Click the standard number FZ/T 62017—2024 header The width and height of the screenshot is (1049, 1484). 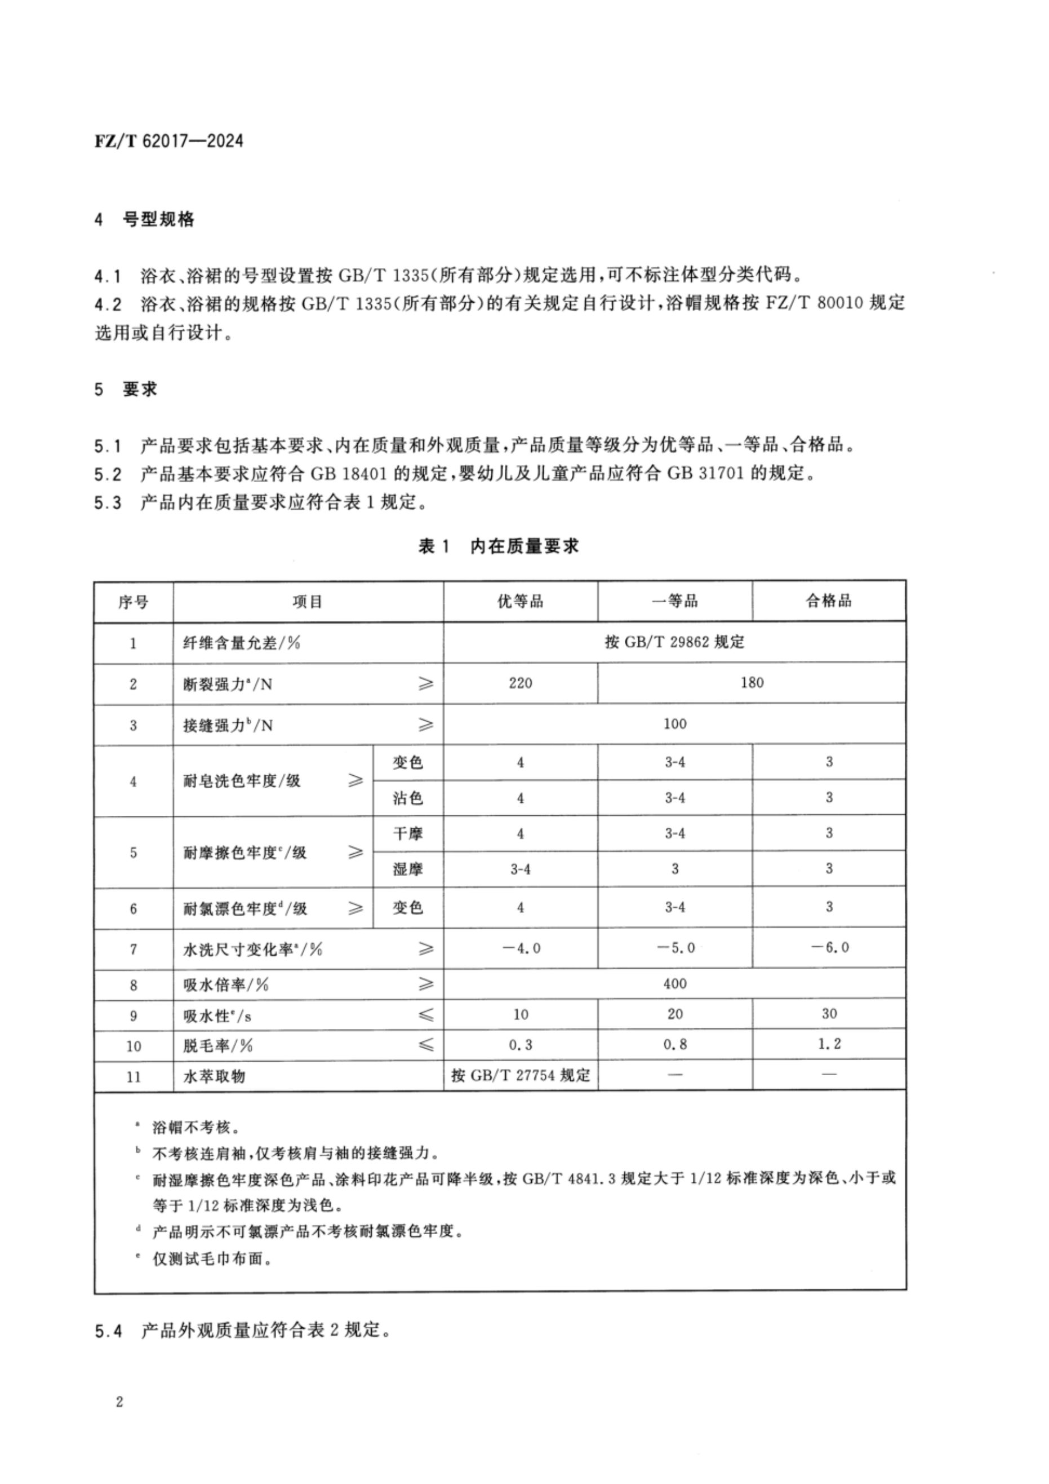(x=169, y=141)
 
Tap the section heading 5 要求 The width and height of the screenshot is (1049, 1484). (x=127, y=390)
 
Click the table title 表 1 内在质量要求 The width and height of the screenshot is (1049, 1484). (x=499, y=547)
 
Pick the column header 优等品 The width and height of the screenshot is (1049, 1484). (x=520, y=602)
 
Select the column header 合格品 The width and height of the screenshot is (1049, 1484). (x=829, y=601)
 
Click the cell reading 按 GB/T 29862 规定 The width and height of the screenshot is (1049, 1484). (x=674, y=642)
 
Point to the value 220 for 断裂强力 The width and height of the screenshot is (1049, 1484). (x=520, y=683)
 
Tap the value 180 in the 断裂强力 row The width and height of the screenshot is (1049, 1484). (x=752, y=683)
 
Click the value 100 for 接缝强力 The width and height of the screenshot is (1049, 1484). (x=674, y=724)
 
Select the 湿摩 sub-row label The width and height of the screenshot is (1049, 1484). (x=407, y=869)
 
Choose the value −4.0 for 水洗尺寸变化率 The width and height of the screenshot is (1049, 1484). (x=520, y=948)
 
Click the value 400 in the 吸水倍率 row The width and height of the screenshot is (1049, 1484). (x=674, y=984)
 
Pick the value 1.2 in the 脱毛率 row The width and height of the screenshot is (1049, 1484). (x=829, y=1044)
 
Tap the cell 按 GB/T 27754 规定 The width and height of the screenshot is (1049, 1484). (x=521, y=1076)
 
